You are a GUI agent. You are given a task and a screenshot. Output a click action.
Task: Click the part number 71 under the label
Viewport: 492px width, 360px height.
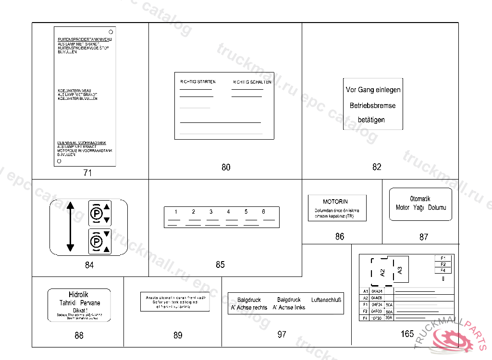click(87, 173)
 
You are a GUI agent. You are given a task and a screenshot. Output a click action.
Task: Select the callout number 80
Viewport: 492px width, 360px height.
click(226, 167)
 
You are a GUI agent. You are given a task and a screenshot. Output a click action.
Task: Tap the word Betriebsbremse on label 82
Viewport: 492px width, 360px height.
click(373, 105)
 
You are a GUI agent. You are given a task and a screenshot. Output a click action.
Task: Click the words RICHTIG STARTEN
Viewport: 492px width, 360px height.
click(197, 82)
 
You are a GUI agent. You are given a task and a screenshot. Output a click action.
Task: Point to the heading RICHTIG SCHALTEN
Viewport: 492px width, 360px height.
click(252, 82)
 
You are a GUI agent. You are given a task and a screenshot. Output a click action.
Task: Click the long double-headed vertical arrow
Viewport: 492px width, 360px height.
click(70, 227)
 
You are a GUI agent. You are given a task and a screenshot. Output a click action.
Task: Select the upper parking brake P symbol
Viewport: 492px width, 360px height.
click(96, 213)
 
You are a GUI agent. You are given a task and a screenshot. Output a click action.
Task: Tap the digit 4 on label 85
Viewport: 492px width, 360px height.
click(229, 212)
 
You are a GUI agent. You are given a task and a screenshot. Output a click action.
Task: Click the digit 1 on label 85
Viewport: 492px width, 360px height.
click(176, 212)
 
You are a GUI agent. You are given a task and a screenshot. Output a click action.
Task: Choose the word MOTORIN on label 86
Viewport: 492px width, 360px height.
click(335, 202)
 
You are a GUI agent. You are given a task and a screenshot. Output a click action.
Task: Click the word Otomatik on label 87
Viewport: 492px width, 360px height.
click(420, 199)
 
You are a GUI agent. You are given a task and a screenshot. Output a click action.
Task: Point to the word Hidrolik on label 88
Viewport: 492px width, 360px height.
click(79, 295)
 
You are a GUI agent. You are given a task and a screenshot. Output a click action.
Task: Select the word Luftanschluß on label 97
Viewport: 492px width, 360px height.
click(326, 300)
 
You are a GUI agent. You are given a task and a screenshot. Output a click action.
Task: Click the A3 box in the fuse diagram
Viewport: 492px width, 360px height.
click(400, 270)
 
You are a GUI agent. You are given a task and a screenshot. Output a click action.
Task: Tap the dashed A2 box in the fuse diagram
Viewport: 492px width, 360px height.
click(382, 273)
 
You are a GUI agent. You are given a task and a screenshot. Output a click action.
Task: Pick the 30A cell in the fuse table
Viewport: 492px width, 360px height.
click(389, 318)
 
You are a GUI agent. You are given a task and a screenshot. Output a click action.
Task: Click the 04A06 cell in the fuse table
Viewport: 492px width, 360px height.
click(377, 298)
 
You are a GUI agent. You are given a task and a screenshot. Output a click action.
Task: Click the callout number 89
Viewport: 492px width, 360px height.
click(178, 335)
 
